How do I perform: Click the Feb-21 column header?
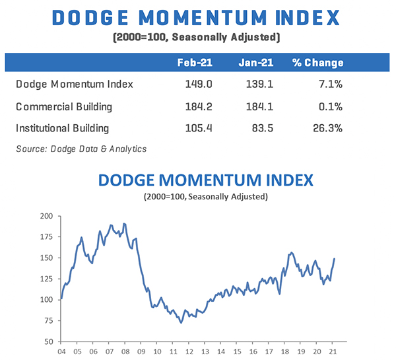(x=194, y=63)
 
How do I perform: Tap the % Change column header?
(x=318, y=63)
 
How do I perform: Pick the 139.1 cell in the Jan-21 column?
(x=256, y=84)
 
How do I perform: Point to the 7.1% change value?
(x=330, y=84)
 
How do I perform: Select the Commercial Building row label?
(x=64, y=106)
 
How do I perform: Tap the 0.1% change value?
(x=330, y=106)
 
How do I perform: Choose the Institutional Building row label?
(x=63, y=128)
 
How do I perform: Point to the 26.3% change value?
(x=327, y=128)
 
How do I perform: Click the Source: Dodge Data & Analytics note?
(x=81, y=149)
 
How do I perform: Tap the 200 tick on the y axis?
(x=47, y=216)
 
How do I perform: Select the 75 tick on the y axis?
(x=49, y=320)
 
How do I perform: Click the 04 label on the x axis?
(x=60, y=351)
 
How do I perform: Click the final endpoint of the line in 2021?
(x=335, y=258)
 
